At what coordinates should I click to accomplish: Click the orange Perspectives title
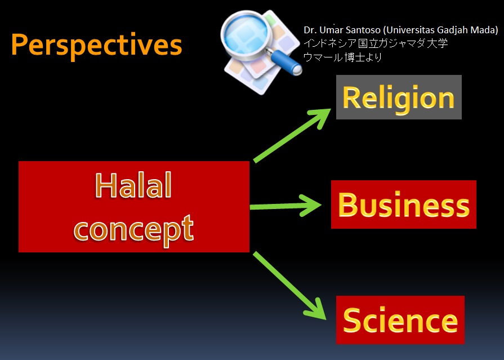(97, 46)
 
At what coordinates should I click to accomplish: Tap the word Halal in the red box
(133, 185)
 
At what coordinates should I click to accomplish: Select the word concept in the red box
(134, 229)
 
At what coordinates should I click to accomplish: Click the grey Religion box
(399, 97)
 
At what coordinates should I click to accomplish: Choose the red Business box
(404, 205)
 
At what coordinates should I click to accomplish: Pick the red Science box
(400, 320)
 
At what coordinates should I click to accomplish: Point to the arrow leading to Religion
(292, 135)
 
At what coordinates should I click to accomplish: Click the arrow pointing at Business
(286, 206)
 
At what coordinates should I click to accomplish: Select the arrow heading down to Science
(289, 286)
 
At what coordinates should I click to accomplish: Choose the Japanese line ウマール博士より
(342, 57)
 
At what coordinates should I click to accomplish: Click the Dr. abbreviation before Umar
(310, 30)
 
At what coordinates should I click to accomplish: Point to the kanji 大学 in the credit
(438, 43)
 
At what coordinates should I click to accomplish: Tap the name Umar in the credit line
(331, 30)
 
